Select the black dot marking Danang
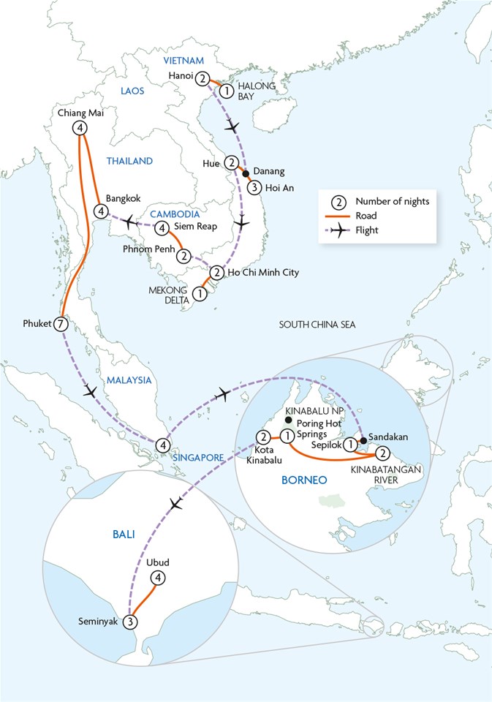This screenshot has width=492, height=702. (246, 173)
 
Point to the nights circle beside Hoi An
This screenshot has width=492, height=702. (254, 186)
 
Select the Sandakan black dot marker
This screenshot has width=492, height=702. (363, 431)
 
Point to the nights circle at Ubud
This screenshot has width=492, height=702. (157, 578)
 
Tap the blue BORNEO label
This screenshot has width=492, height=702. (303, 480)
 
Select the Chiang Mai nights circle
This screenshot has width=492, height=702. (80, 128)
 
